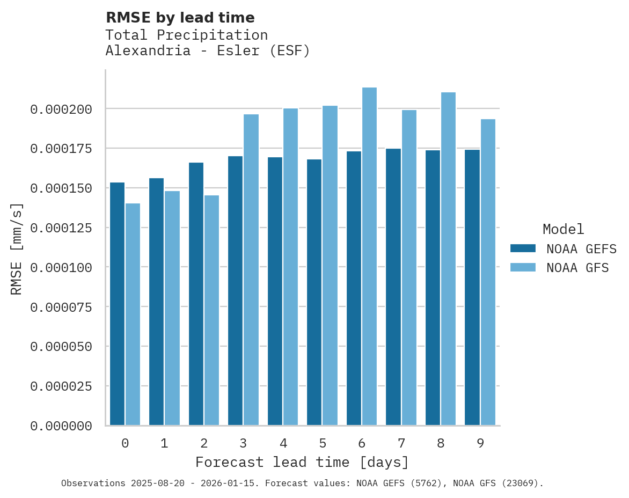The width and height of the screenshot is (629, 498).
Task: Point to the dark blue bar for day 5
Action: click(314, 292)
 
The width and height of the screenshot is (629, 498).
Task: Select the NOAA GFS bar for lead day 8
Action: click(448, 259)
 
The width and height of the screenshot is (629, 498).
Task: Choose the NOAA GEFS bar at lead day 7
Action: click(393, 287)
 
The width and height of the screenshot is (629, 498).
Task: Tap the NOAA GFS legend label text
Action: click(577, 268)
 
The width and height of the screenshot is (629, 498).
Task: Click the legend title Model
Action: click(563, 230)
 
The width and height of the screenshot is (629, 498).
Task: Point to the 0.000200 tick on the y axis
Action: click(61, 109)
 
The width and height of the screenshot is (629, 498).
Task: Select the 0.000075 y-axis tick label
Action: click(61, 307)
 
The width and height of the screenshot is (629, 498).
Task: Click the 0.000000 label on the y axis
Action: click(61, 426)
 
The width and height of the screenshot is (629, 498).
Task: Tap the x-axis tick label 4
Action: click(283, 443)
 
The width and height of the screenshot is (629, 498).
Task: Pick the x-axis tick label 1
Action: click(164, 443)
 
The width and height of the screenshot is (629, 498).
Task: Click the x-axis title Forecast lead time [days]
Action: click(302, 462)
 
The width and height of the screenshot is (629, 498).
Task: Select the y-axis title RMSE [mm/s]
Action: click(17, 249)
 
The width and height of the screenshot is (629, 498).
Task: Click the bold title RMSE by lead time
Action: click(180, 18)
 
